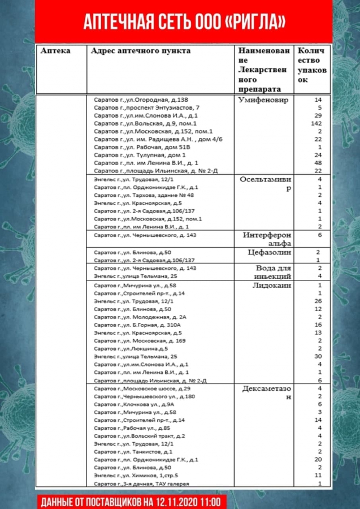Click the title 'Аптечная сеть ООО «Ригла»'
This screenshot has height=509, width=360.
click(x=184, y=21)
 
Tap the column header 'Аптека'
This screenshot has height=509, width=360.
click(x=55, y=51)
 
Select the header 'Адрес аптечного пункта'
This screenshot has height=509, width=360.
click(x=141, y=51)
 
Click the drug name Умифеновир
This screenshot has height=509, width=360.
click(x=264, y=100)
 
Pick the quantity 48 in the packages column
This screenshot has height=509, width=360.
click(x=317, y=163)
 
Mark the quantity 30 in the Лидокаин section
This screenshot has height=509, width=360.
click(x=317, y=357)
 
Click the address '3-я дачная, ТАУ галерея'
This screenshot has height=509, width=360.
click(x=141, y=485)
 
